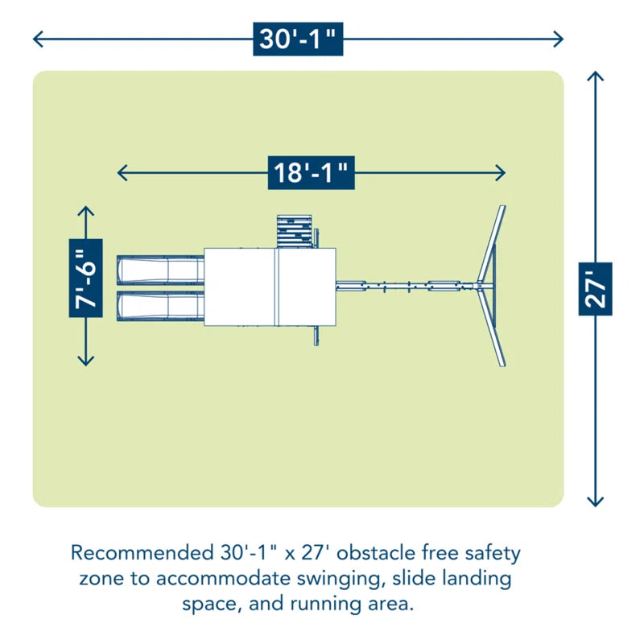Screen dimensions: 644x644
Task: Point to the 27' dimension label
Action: [595, 288]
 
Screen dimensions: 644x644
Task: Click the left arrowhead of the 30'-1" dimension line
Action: [36, 39]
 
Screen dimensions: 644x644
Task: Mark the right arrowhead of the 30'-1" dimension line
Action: [559, 39]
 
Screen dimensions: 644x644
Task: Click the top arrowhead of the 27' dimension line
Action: [595, 77]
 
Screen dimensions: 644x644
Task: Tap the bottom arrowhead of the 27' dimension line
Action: [595, 502]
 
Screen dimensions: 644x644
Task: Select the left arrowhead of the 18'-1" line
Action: [122, 172]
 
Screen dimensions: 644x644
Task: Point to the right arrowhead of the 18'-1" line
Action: [502, 172]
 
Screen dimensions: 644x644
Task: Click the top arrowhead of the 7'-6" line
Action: [86, 210]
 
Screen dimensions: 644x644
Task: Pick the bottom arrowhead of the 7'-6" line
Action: [86, 362]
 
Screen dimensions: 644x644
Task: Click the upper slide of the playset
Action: [159, 269]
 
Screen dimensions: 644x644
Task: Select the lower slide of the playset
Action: [159, 305]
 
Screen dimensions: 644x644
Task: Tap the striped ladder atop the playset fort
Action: [293, 231]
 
